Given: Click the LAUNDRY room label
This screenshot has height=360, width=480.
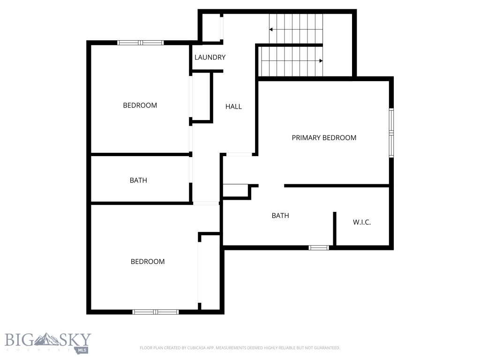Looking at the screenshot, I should [x=210, y=57].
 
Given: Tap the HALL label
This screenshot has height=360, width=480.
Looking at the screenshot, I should [x=233, y=106].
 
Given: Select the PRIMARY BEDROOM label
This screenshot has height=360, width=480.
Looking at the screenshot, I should [x=324, y=137].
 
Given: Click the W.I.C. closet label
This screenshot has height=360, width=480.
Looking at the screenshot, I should [x=361, y=222].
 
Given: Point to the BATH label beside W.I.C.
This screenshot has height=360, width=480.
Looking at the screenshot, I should [x=280, y=216].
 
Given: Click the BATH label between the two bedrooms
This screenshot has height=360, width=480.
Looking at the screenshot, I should [x=138, y=180].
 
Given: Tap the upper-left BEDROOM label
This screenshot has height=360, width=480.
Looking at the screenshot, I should [x=140, y=105].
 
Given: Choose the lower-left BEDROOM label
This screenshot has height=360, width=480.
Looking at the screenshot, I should [x=147, y=262].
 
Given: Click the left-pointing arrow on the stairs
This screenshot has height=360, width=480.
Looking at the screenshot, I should [x=271, y=30].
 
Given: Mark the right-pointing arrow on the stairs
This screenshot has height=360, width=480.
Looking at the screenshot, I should [x=321, y=60].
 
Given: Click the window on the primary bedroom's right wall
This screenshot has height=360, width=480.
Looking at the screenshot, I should [x=391, y=133].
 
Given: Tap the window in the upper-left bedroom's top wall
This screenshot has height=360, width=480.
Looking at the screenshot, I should [x=140, y=43].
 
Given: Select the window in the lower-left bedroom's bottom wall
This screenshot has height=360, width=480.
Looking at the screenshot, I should [x=156, y=312].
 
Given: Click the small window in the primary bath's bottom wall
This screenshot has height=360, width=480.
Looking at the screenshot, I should [x=319, y=247].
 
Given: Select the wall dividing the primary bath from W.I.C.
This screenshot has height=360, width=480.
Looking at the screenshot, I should [x=335, y=229].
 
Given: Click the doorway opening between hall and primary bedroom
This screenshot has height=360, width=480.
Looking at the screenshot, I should [x=239, y=154].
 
